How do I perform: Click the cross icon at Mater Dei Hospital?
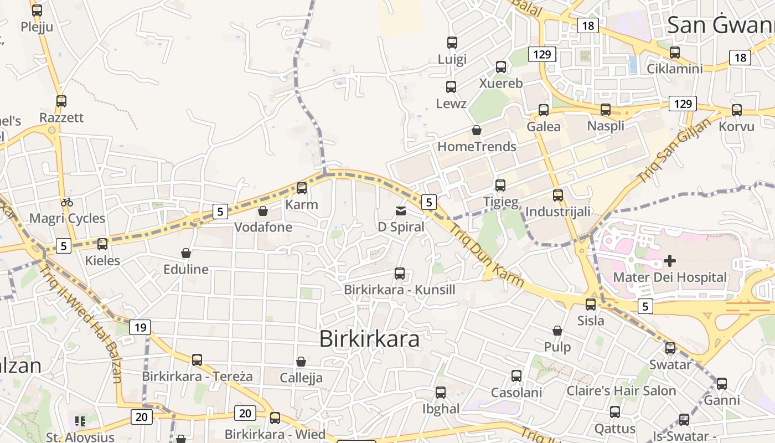click(x=670, y=260)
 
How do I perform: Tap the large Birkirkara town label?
click(x=369, y=339)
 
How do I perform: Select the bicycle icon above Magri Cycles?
click(x=67, y=202)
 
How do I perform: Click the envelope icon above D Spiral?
click(x=401, y=210)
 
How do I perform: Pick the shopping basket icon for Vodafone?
click(x=263, y=211)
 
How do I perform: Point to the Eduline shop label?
click(x=186, y=270)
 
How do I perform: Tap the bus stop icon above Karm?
click(x=302, y=188)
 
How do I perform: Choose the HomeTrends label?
click(x=477, y=147)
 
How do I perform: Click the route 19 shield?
click(x=141, y=327)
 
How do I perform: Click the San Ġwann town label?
click(x=720, y=25)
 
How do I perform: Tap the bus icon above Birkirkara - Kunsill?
click(x=400, y=273)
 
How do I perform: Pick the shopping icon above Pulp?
click(x=557, y=331)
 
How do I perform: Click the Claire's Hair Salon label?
click(x=621, y=391)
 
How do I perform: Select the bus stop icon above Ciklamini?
click(x=675, y=53)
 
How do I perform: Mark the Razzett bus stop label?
click(x=61, y=118)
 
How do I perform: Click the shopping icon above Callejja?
click(x=301, y=362)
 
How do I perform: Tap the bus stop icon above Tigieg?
click(x=500, y=186)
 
